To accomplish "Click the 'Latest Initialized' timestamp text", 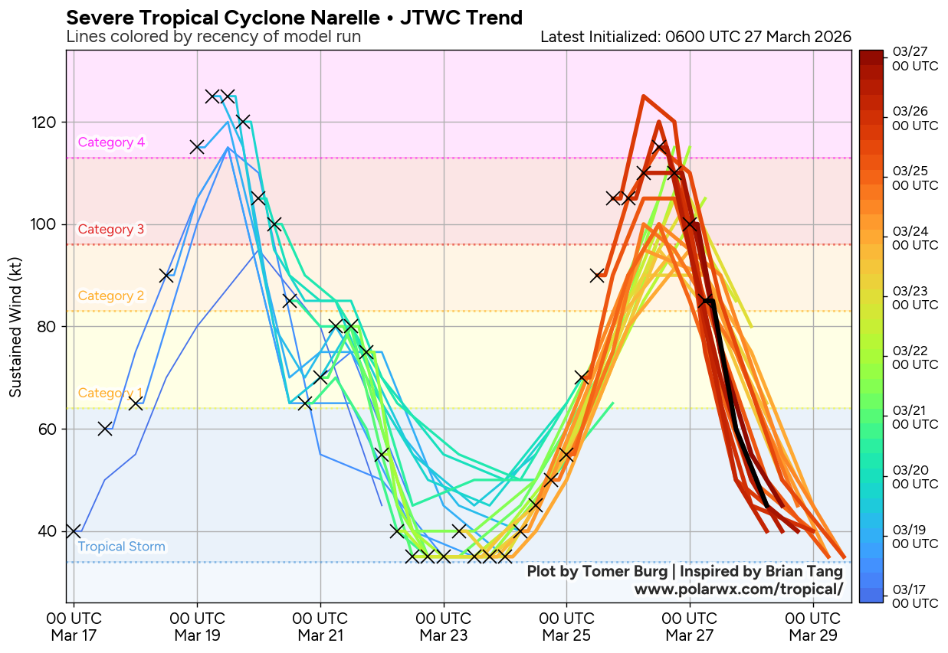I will coord(695,37).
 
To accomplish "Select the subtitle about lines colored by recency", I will coord(213,37).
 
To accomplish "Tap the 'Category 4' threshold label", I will coord(111,142).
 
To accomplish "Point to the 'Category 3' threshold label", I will coord(111,229).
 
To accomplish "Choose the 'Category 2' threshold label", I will coord(111,296).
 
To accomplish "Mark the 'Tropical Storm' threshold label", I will coord(121,547).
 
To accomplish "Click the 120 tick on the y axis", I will coord(47,122).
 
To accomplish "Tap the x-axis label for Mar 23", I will coord(443,627).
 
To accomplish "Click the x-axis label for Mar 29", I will coord(812,627).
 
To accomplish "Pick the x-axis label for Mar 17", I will coord(74,627).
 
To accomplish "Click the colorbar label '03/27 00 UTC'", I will coord(915,59).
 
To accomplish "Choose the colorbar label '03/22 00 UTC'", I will coord(915,358).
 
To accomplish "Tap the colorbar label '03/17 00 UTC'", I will coord(915,596).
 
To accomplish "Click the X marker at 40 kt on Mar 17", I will coord(74,531).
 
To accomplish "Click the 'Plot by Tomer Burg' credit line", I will coord(684,572).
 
